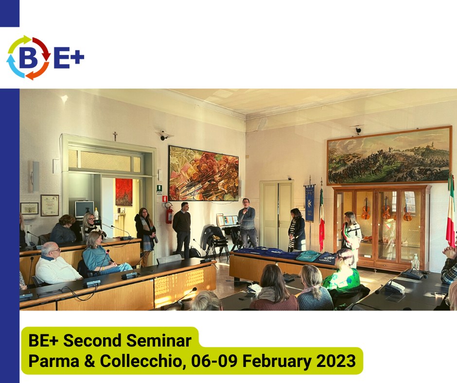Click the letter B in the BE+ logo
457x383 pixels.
coord(29,57)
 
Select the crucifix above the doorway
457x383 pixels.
coord(115,136)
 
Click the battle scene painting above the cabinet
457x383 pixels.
coord(389,156)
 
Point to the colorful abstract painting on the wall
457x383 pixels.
coord(204,174)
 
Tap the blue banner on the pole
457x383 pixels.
coord(310,203)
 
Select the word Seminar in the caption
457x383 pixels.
coord(159,340)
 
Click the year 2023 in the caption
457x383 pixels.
coord(336,361)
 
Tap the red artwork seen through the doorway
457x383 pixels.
coord(124,192)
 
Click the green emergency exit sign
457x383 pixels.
coord(159,188)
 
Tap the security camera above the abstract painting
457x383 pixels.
coord(165,135)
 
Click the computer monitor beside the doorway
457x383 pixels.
coord(84,209)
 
